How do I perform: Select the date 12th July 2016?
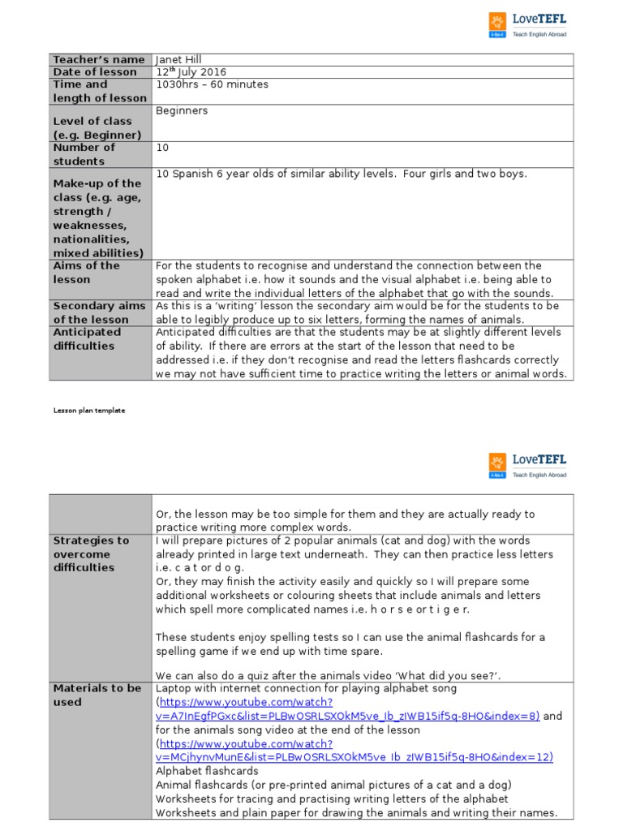coord(191,71)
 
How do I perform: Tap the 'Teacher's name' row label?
coord(98,59)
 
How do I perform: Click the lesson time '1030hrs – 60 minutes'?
coord(212,84)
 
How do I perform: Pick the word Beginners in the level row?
coord(182,110)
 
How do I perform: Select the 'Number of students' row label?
coord(84,154)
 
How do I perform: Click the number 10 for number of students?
coord(162,148)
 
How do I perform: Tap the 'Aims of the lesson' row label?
coord(86,273)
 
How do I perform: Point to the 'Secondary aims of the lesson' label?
coord(99,312)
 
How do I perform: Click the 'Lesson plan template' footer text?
coord(89,411)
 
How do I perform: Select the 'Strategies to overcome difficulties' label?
coord(91,554)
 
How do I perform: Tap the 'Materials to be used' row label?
coord(97,695)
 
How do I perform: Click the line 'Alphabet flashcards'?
coord(207,771)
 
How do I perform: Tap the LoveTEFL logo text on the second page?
coord(539,460)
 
